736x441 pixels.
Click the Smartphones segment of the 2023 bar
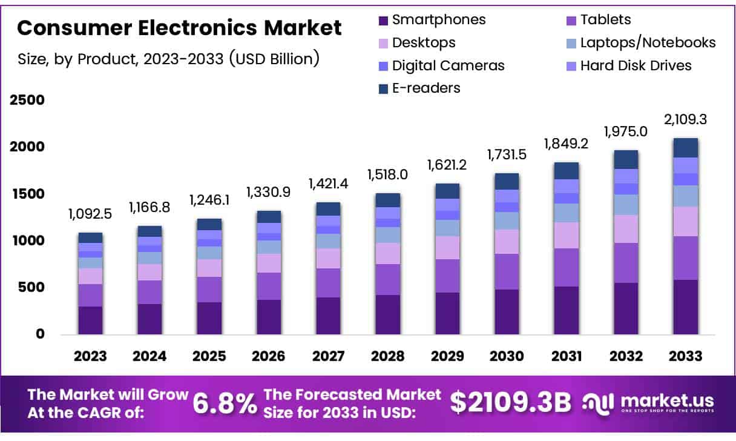(90, 320)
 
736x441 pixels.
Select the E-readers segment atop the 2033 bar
(686, 148)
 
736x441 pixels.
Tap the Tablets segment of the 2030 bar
(507, 271)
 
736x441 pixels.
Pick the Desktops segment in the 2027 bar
(329, 258)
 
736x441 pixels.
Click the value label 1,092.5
(90, 214)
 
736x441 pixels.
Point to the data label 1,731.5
(507, 155)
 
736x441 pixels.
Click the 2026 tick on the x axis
(269, 356)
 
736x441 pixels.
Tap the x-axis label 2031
(566, 356)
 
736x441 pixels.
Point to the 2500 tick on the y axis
(27, 100)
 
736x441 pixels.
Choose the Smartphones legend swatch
(383, 21)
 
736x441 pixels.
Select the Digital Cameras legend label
(448, 65)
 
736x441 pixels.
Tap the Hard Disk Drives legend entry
(636, 65)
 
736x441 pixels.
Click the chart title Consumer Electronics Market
(179, 28)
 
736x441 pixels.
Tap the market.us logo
(648, 403)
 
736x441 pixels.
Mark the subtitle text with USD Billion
(168, 59)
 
